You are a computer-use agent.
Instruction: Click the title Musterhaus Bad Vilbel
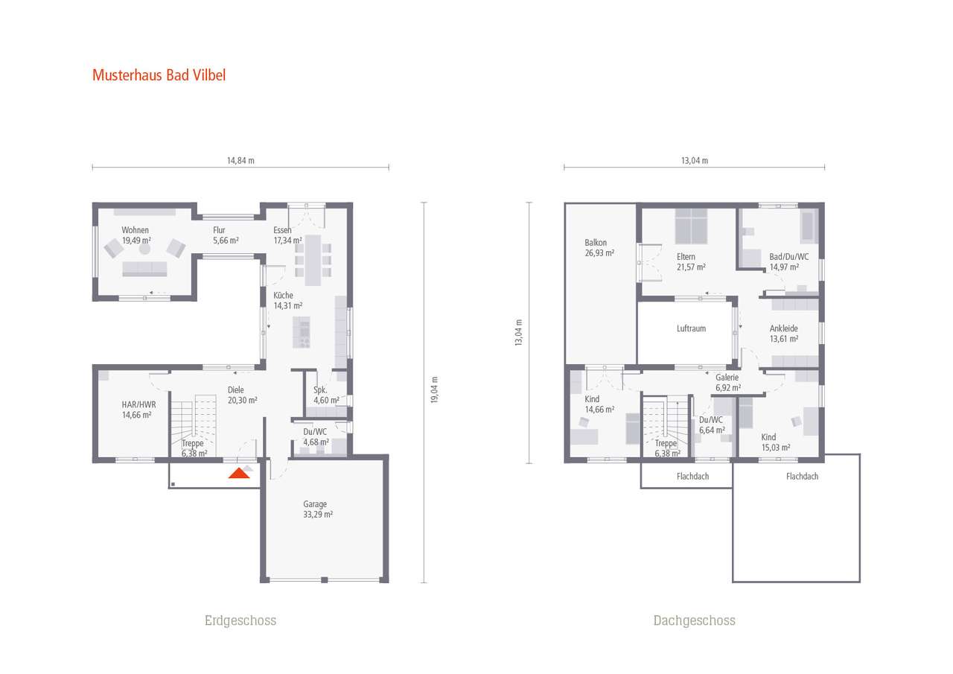[159, 75]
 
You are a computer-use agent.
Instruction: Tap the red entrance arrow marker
[240, 473]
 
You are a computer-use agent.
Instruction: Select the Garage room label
[315, 504]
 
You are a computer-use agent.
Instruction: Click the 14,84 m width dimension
[240, 160]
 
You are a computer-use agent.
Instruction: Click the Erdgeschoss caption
[240, 620]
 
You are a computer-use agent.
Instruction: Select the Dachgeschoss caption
[694, 620]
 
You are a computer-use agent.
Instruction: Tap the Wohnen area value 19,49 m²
[136, 241]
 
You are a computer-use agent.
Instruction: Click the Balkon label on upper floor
[596, 243]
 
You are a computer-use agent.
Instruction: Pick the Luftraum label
[691, 328]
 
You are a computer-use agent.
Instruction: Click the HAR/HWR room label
[138, 404]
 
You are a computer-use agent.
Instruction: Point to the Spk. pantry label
[320, 390]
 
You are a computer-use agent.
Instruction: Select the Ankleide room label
[783, 328]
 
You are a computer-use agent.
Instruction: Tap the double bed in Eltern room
[692, 226]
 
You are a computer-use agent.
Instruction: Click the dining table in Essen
[313, 258]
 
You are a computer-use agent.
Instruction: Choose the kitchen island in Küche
[302, 332]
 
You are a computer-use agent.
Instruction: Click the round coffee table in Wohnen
[145, 249]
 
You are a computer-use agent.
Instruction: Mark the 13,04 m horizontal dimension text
[694, 160]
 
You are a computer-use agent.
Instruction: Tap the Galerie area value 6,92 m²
[727, 387]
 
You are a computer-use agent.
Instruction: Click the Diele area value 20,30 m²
[242, 400]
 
